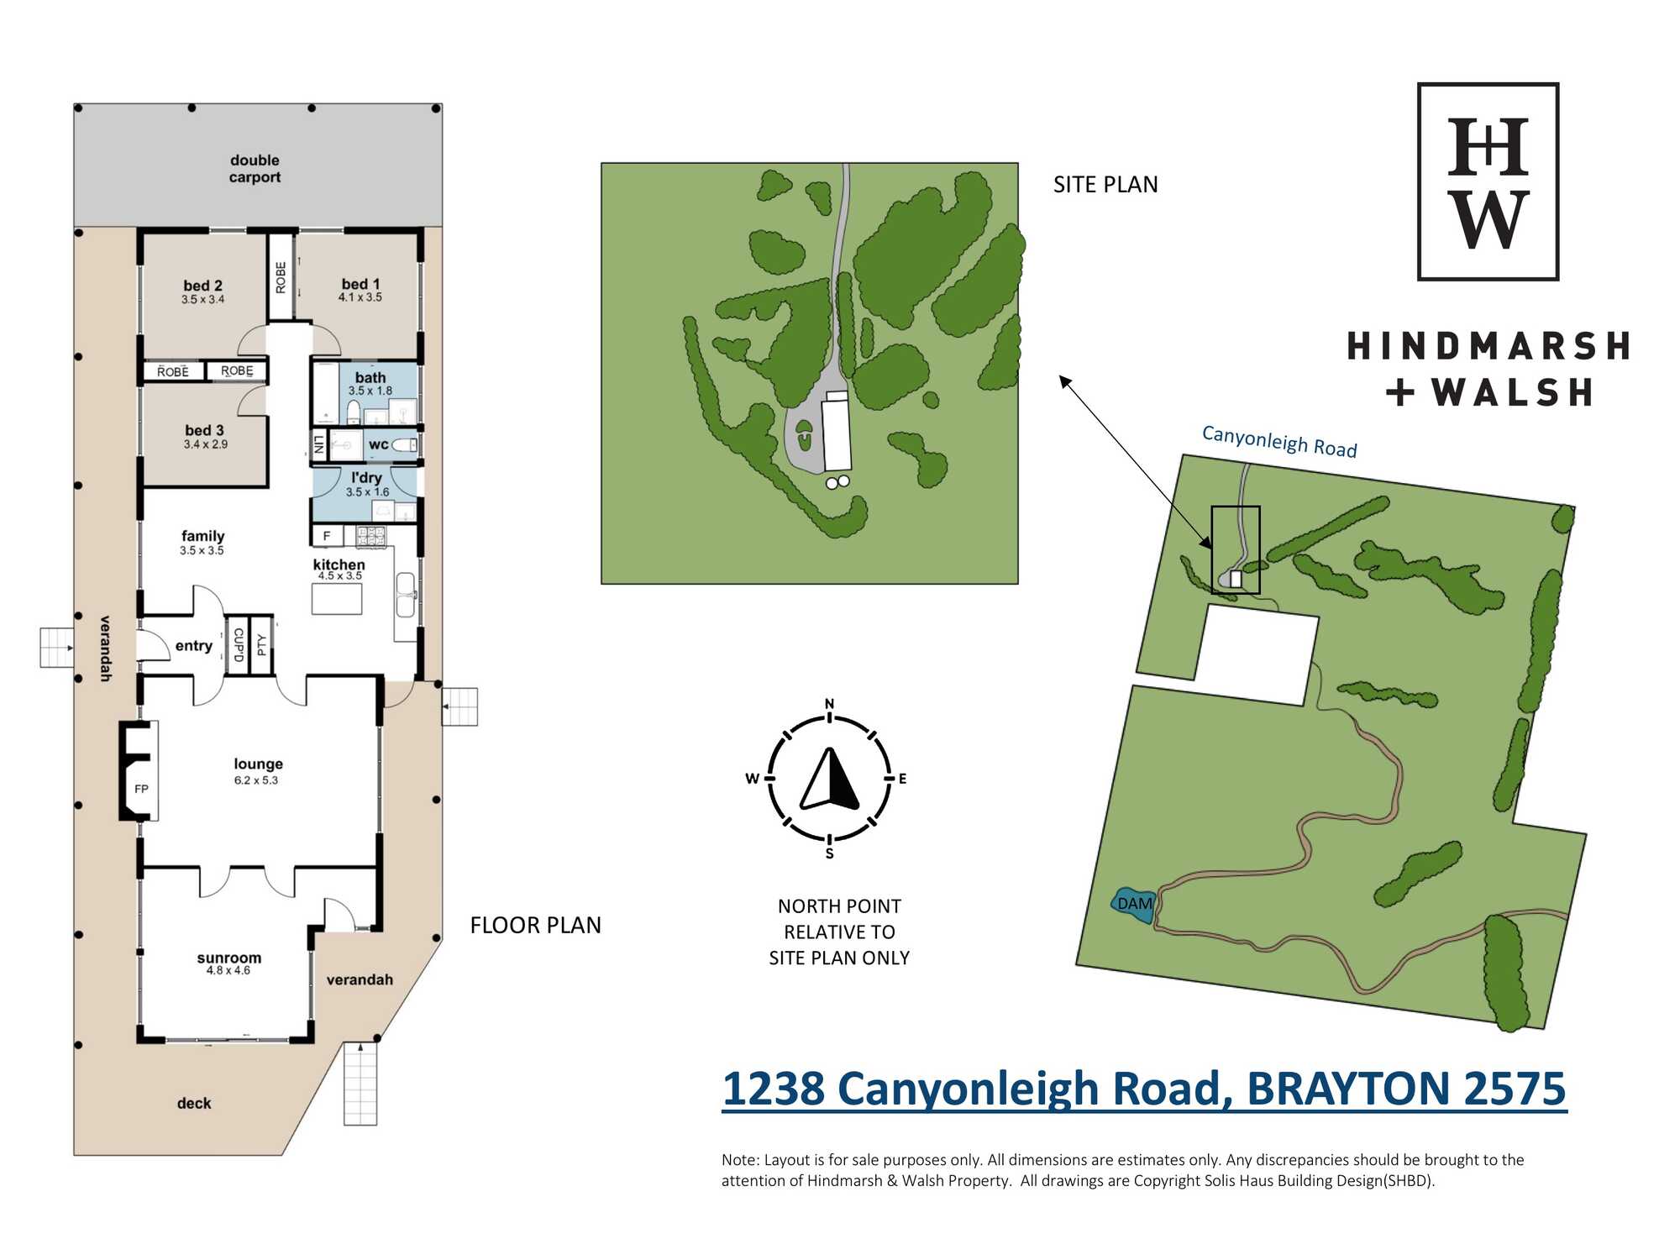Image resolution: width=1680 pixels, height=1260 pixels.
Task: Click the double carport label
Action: click(x=255, y=169)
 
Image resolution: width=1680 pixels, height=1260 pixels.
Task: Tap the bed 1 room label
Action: click(x=360, y=284)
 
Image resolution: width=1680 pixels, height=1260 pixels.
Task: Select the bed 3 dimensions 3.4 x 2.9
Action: click(x=206, y=444)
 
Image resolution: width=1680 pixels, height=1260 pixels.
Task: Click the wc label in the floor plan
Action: click(x=379, y=444)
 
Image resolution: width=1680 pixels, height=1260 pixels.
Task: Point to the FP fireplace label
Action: click(x=141, y=789)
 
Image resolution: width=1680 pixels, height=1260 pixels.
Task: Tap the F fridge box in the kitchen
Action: click(x=327, y=535)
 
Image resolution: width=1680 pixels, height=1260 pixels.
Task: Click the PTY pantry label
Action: click(x=262, y=645)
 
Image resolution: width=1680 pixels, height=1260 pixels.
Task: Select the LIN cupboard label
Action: click(x=318, y=444)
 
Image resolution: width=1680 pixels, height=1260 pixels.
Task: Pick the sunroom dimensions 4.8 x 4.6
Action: click(x=228, y=970)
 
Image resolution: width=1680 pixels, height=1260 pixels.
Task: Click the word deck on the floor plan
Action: click(x=194, y=1104)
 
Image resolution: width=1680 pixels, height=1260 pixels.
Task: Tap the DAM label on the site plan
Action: click(x=1135, y=904)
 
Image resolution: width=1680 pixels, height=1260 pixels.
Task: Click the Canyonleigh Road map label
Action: click(x=1279, y=442)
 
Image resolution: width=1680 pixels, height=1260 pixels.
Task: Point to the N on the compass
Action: click(x=829, y=704)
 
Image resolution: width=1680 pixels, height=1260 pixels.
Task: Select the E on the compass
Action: click(x=902, y=779)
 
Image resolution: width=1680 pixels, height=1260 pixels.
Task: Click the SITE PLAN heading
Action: click(x=1105, y=185)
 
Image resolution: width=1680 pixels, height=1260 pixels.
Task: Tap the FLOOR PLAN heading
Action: click(x=536, y=926)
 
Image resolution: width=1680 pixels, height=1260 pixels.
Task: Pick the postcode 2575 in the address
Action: click(x=1515, y=1089)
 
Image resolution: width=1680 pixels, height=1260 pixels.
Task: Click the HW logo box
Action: click(x=1488, y=181)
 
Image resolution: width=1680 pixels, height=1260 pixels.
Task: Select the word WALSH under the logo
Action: click(x=1512, y=392)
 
